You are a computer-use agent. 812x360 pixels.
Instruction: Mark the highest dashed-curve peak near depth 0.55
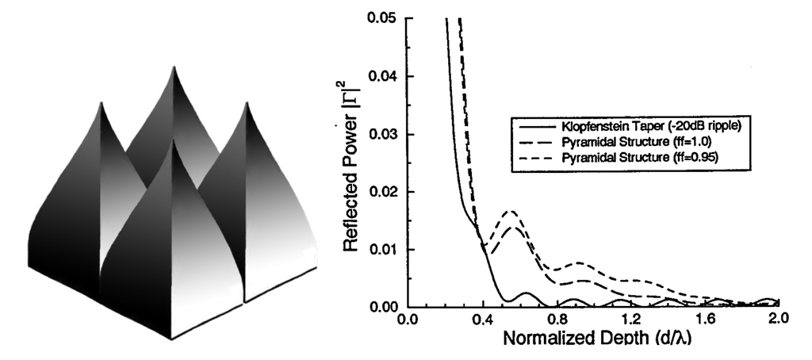tap(511, 211)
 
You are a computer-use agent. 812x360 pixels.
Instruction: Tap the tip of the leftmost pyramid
tap(99, 101)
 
